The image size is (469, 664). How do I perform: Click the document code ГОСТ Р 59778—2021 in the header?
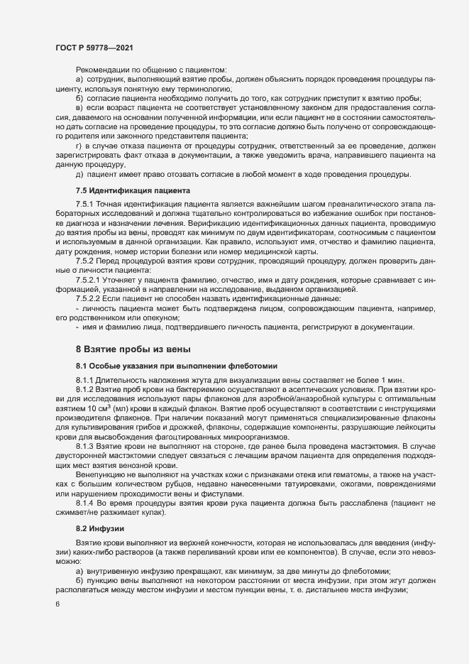pos(94,46)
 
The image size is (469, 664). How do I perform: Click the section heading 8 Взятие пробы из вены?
pos(131,350)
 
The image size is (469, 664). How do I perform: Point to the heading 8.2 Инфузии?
pos(100,528)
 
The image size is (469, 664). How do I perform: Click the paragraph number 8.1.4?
pos(86,501)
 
